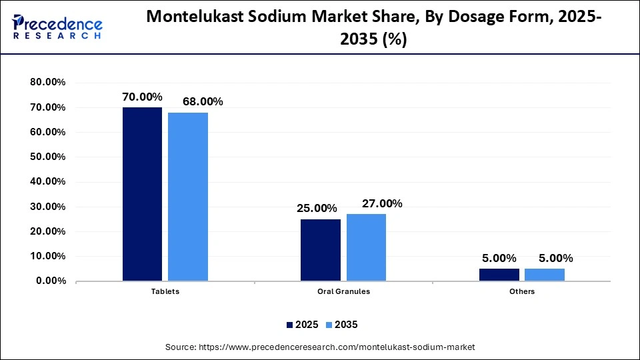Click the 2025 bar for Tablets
point(142,194)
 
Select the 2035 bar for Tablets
point(188,197)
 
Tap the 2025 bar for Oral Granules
point(320,250)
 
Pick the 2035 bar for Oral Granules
point(366,247)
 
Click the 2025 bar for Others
point(499,275)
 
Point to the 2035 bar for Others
point(544,275)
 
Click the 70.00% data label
point(142,97)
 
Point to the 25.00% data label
point(317,209)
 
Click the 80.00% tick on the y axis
point(47,83)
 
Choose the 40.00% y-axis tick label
point(47,182)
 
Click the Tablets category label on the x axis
point(165,291)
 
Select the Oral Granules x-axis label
point(343,291)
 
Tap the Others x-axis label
point(521,291)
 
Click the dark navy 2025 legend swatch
point(290,325)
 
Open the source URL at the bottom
point(319,347)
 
